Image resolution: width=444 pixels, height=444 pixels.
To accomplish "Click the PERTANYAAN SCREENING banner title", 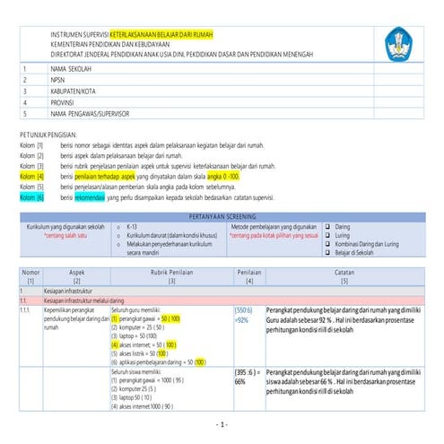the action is coord(221,217).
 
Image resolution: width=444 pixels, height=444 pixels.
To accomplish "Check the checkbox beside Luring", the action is coord(328,235).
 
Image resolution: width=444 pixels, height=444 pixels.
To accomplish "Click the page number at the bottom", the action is coord(222,423).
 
